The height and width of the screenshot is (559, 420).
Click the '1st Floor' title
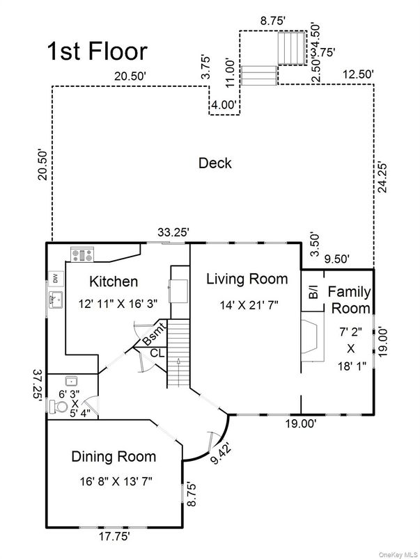[x=97, y=51]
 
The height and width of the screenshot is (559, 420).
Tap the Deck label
[x=215, y=163]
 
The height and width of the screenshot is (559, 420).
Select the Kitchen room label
[x=114, y=282]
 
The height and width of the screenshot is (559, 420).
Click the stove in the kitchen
[x=82, y=254]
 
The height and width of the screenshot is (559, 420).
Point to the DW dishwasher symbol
[x=56, y=278]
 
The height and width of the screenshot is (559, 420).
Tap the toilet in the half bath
[x=59, y=407]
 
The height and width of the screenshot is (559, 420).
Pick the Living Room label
[x=247, y=279]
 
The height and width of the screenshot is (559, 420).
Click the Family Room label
[x=350, y=300]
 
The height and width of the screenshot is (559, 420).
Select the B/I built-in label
[x=313, y=291]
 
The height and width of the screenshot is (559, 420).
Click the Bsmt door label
[x=155, y=334]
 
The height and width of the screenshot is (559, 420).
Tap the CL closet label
[x=157, y=353]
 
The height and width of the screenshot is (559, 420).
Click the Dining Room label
[x=114, y=457]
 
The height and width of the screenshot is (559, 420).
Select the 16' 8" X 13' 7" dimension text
[x=116, y=481]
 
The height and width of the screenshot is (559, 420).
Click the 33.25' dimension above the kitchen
[x=173, y=232]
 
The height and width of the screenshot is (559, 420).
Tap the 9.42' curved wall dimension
[x=221, y=453]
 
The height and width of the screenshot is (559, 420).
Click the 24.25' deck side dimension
[x=382, y=177]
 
